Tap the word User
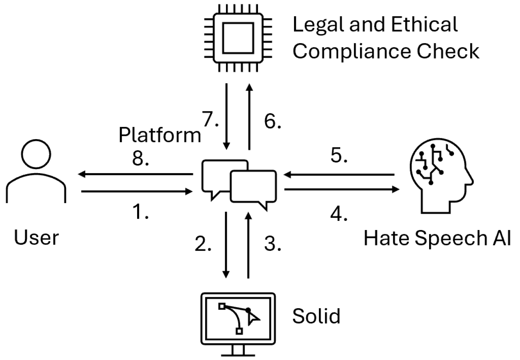(x=36, y=238)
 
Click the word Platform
(x=160, y=135)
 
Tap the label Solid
(x=316, y=316)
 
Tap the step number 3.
(x=273, y=244)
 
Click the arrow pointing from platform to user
(x=134, y=174)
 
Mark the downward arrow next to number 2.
(x=226, y=245)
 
